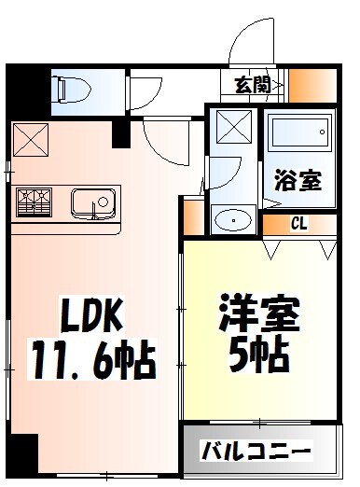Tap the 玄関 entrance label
[x=253, y=86]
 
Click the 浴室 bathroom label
[x=298, y=180]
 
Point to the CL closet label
[x=299, y=223]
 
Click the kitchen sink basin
[x=92, y=200]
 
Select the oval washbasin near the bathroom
[x=230, y=220]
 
